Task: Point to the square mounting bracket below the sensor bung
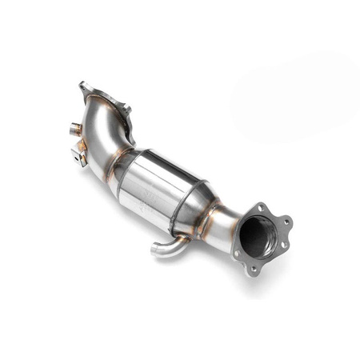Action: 80,155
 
